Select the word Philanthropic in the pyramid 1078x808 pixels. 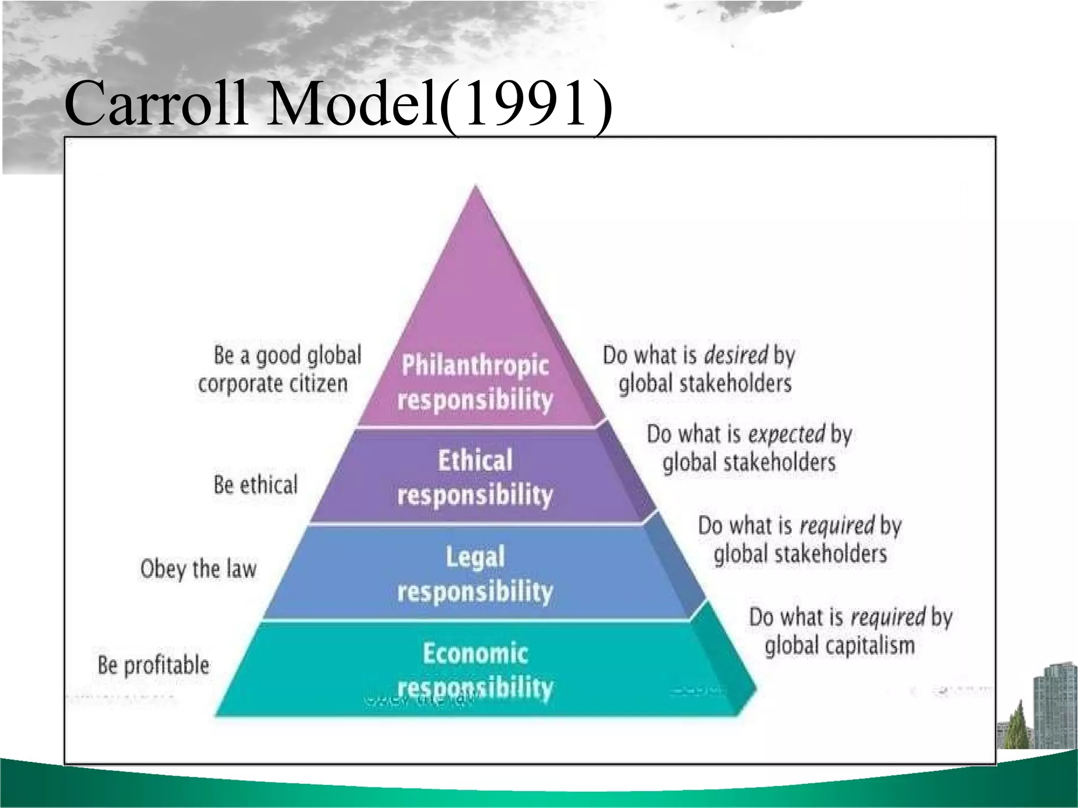475,366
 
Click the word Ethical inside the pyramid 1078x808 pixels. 475,461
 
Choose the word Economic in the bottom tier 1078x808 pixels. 475,654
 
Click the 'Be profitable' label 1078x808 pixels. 153,665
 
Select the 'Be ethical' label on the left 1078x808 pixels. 255,484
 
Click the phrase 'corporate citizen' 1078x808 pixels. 273,383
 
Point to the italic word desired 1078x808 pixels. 735,356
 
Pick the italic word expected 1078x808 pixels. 786,435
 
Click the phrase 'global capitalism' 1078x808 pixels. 840,645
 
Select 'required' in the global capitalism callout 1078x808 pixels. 887,617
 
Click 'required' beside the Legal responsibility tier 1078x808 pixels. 836,526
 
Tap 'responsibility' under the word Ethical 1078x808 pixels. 475,496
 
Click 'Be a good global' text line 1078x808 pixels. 287,356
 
